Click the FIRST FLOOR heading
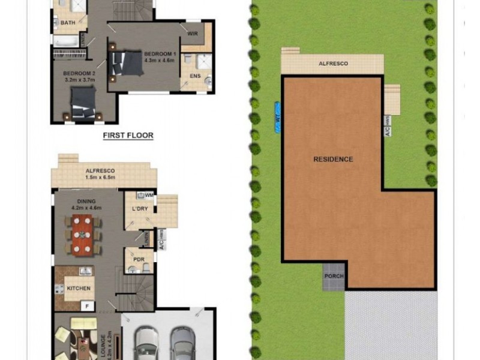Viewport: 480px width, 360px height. [x=128, y=136]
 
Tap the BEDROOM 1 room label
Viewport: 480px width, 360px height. [x=159, y=53]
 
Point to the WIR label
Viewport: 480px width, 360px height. [x=193, y=34]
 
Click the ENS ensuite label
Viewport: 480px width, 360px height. [x=195, y=76]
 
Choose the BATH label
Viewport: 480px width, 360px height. [x=68, y=23]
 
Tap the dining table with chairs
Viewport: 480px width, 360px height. [x=83, y=234]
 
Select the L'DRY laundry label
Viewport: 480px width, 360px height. [x=140, y=208]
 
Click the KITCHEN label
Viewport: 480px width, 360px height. [x=79, y=289]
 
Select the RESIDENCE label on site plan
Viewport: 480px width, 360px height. [x=333, y=160]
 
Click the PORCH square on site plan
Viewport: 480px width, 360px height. [x=334, y=276]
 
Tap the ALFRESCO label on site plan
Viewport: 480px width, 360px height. [x=333, y=63]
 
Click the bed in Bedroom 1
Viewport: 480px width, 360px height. [x=128, y=60]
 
